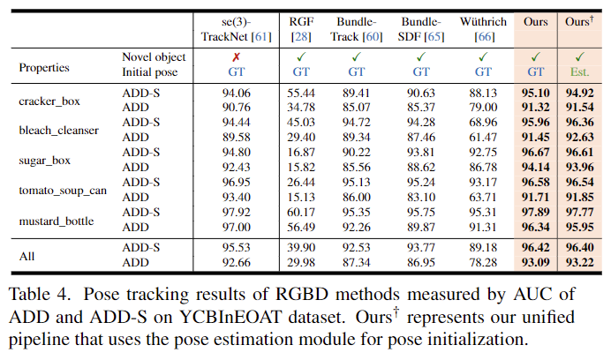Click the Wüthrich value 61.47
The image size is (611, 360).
(x=482, y=137)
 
